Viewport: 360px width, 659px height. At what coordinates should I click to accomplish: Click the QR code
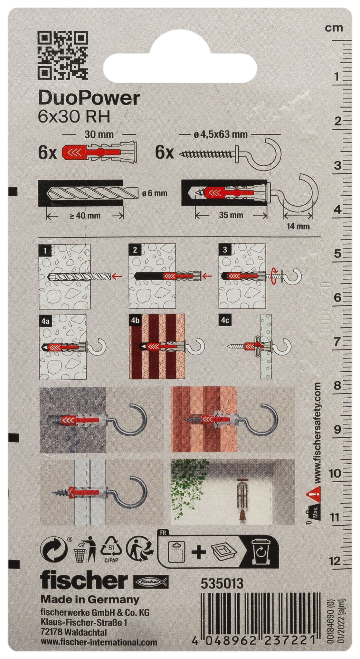[63, 55]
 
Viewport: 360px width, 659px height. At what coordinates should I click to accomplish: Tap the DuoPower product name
[89, 98]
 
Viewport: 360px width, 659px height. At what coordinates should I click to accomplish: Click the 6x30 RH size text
[74, 117]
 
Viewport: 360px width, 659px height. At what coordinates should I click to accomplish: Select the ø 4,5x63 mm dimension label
[221, 135]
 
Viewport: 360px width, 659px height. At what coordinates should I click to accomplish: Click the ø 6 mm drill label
[155, 193]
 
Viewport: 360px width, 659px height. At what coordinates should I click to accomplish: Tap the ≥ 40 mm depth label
[85, 216]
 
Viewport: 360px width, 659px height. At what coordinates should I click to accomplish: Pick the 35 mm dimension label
[231, 215]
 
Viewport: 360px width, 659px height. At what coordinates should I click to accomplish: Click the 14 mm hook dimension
[298, 226]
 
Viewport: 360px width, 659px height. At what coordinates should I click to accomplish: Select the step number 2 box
[134, 249]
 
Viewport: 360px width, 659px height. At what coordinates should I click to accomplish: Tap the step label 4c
[224, 320]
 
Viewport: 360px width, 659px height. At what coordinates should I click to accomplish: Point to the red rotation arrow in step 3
[274, 276]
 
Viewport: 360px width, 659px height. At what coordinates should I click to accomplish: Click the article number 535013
[222, 584]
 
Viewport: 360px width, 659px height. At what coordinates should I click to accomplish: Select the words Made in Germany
[90, 599]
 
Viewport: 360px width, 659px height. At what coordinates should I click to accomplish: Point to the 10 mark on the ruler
[335, 473]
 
